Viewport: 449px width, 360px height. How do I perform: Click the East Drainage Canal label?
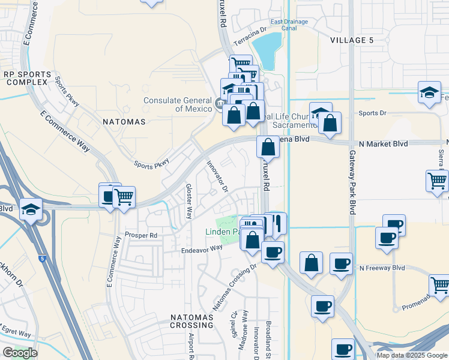pyautogui.click(x=289, y=25)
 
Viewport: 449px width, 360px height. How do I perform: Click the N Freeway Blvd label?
pyautogui.click(x=382, y=268)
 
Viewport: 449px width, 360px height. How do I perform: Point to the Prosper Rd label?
pyautogui.click(x=140, y=235)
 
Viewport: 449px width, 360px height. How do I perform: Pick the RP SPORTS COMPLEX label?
pyautogui.click(x=25, y=77)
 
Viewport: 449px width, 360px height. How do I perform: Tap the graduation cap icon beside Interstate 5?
pyautogui.click(x=30, y=209)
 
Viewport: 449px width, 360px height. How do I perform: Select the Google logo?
pyautogui.click(x=20, y=353)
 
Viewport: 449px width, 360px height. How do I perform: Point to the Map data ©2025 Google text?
pyautogui.click(x=411, y=355)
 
